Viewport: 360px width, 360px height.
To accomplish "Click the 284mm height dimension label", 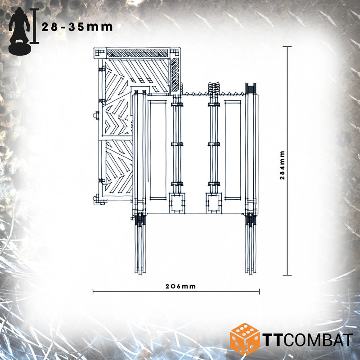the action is (x=283, y=165).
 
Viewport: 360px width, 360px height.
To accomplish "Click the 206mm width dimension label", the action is (x=181, y=286).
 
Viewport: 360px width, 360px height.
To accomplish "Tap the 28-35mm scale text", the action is (x=77, y=27).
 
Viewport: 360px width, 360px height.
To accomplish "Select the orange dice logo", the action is (x=244, y=339).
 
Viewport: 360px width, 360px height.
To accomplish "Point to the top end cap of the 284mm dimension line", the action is (x=287, y=47).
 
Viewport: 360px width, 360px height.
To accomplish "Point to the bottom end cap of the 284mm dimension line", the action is (x=287, y=275).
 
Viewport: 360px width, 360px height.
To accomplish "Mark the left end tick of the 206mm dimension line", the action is (x=93, y=292).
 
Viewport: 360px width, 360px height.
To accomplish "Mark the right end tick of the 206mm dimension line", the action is (x=259, y=292).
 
